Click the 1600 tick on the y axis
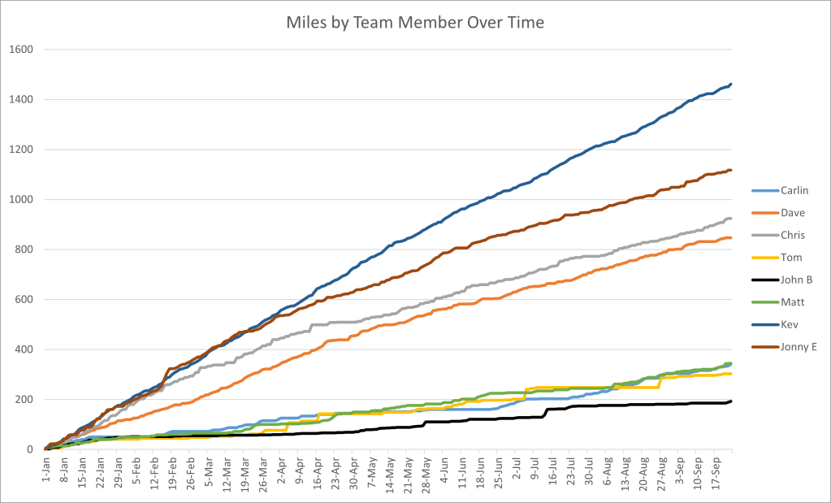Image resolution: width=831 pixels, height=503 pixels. click(x=21, y=50)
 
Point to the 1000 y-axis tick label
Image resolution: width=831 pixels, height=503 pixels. click(x=21, y=200)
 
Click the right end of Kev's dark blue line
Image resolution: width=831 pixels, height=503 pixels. click(x=731, y=84)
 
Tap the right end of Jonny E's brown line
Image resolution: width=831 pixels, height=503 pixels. click(x=731, y=170)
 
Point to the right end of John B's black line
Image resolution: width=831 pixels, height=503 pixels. click(x=731, y=401)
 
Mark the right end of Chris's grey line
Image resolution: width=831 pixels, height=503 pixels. click(x=731, y=218)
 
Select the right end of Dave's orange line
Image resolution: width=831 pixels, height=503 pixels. click(x=731, y=237)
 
